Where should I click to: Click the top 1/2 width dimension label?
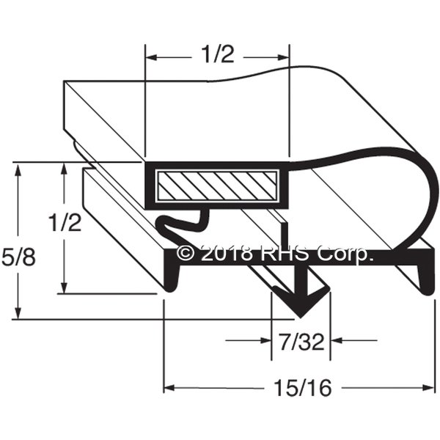[218, 54]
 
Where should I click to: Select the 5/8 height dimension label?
[18, 257]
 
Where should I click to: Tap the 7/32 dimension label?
[301, 342]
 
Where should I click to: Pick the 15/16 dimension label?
[302, 389]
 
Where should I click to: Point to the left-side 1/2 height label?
[65, 222]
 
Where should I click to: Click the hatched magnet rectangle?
[217, 186]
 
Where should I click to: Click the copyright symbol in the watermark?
[186, 253]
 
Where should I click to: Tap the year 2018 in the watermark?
[227, 253]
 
